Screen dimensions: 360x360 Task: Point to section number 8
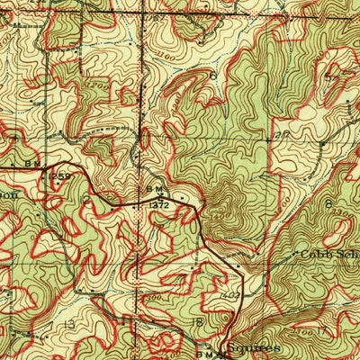pyautogui.click(x=328, y=204)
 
